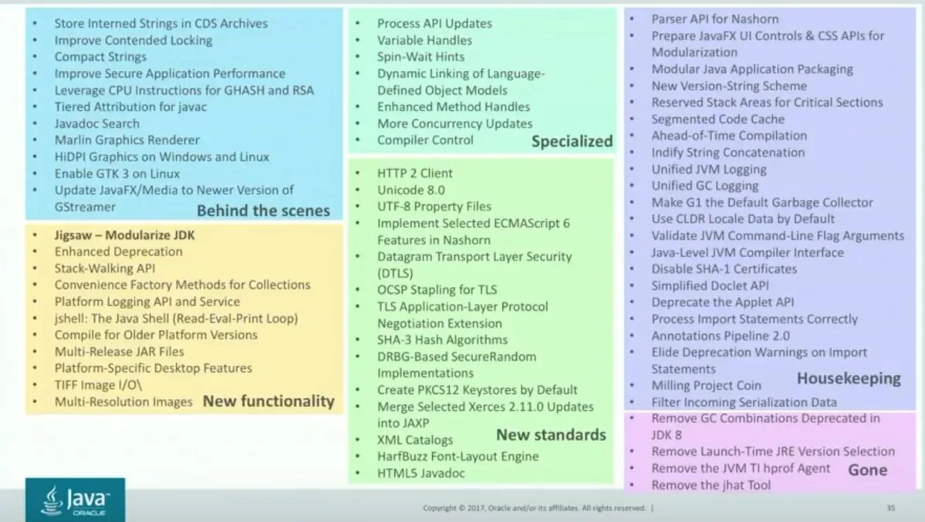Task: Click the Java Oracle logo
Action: click(x=75, y=500)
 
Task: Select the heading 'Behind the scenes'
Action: click(x=263, y=211)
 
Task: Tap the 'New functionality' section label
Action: click(x=268, y=402)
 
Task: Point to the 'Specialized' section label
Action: click(x=572, y=142)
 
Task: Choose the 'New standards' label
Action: click(x=551, y=435)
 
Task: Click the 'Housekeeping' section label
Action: click(x=849, y=379)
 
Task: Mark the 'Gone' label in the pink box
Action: click(x=867, y=470)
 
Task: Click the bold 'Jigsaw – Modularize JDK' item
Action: click(x=124, y=234)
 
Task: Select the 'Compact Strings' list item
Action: click(x=100, y=56)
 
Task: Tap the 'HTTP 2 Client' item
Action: click(x=415, y=173)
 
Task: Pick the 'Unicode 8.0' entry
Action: click(x=410, y=190)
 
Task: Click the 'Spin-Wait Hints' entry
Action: click(x=420, y=56)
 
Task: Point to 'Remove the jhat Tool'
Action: click(x=711, y=485)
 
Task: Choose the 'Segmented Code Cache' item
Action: click(x=718, y=120)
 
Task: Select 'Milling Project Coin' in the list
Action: click(x=706, y=386)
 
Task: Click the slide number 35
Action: click(x=891, y=508)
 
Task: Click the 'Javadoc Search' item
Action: click(x=96, y=124)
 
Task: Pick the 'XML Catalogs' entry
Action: click(x=415, y=440)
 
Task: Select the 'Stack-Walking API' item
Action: click(x=105, y=268)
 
